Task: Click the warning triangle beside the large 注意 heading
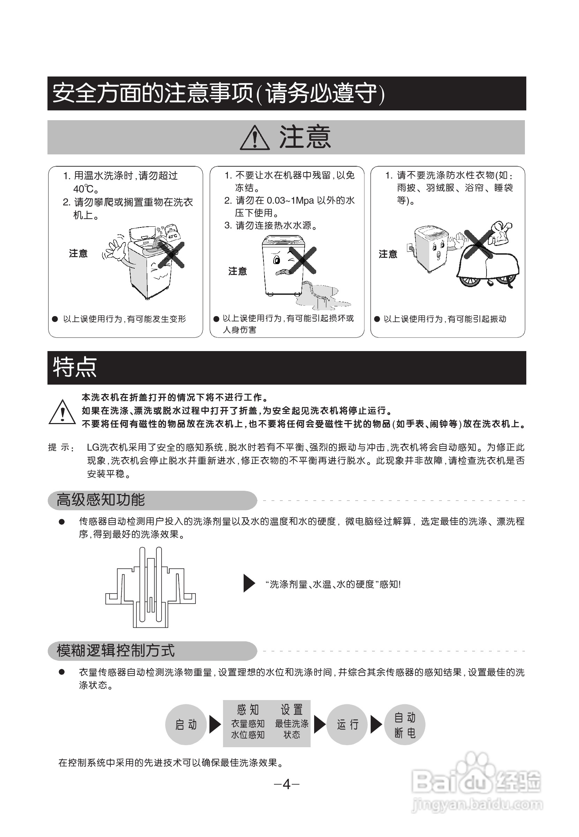tap(255, 138)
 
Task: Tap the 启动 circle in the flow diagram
tap(186, 725)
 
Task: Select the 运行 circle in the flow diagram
tap(347, 725)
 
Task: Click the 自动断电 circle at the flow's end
tap(404, 725)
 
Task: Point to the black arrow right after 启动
tap(215, 725)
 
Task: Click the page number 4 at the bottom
tap(286, 785)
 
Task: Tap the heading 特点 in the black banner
tap(75, 367)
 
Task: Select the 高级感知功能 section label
tap(101, 500)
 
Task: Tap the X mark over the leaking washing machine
tap(303, 260)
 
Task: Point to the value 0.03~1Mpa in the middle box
tap(291, 201)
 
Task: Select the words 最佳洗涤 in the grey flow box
tap(292, 724)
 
